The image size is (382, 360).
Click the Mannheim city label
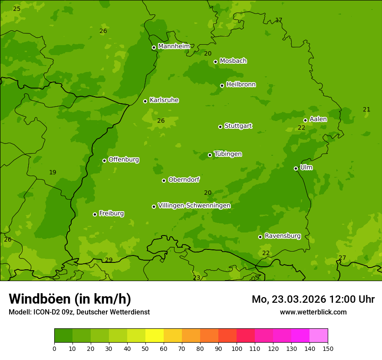point(174,46)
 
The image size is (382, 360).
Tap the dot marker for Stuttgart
point(220,127)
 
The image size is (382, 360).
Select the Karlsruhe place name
point(164,100)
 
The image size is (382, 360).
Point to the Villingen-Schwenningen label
point(194,206)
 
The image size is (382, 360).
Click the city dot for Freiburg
point(95,214)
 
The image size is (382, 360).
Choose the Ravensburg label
point(282,236)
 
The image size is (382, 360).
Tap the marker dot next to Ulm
point(296,168)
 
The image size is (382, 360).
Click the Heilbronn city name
point(240,85)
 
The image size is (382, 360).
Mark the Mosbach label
point(233,61)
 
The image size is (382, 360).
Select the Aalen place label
point(318,119)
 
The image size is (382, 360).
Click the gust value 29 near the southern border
point(109,260)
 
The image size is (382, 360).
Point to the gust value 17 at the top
point(279,20)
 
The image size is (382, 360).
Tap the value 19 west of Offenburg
point(53,173)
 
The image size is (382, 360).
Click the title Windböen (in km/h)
point(69,299)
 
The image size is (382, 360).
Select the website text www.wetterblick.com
point(313,312)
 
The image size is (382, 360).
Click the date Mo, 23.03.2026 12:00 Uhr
point(313,299)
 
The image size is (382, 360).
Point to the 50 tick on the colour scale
point(145,348)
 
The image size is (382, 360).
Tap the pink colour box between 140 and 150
point(319,336)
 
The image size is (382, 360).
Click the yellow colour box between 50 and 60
point(155,336)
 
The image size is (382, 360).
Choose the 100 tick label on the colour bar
point(237,348)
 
